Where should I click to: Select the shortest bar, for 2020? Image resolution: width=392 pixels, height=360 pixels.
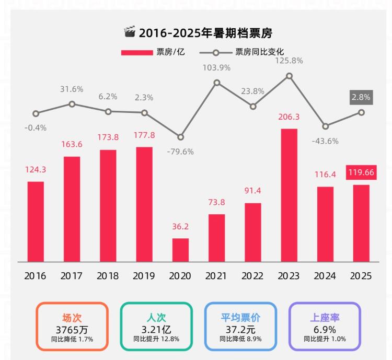point(180,250)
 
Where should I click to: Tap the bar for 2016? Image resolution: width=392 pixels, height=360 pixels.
point(36,222)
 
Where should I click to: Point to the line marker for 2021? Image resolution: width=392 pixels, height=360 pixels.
point(217,83)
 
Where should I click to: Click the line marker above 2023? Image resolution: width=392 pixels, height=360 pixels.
point(289,76)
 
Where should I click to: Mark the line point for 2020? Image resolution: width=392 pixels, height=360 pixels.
point(180,137)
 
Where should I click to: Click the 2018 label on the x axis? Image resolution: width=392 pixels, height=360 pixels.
point(108,276)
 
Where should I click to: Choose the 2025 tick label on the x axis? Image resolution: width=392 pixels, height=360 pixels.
point(361,276)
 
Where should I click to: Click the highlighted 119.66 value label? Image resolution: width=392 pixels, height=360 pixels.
point(361,172)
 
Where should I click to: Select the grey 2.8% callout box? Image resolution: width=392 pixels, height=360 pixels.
point(361,97)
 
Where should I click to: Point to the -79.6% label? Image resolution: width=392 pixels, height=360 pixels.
point(180,152)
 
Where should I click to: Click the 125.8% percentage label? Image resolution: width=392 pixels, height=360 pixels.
point(289,61)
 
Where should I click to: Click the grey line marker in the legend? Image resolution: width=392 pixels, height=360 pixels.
point(215,52)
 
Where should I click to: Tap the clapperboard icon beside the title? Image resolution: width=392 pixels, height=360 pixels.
point(129,32)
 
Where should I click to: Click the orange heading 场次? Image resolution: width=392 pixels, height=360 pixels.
point(72,318)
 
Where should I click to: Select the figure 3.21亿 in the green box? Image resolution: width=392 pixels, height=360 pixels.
point(156,329)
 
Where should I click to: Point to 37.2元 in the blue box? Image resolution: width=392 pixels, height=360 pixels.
point(240,329)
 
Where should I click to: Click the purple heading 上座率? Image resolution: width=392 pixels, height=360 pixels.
point(325,318)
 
